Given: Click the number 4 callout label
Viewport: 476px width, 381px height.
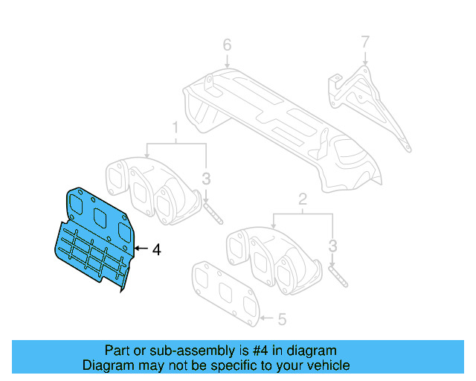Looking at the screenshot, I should pyautogui.click(x=156, y=251).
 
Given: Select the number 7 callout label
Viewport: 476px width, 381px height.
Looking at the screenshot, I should pyautogui.click(x=364, y=42).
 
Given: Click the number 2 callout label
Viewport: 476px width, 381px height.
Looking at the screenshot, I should pyautogui.click(x=303, y=199).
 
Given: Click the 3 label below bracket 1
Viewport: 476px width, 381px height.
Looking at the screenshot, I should pyautogui.click(x=206, y=179).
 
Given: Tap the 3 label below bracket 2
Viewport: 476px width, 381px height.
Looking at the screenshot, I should pyautogui.click(x=332, y=245).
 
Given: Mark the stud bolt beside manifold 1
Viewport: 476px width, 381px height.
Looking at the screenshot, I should pyautogui.click(x=211, y=211).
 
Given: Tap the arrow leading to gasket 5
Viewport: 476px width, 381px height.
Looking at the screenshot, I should pyautogui.click(x=268, y=320).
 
